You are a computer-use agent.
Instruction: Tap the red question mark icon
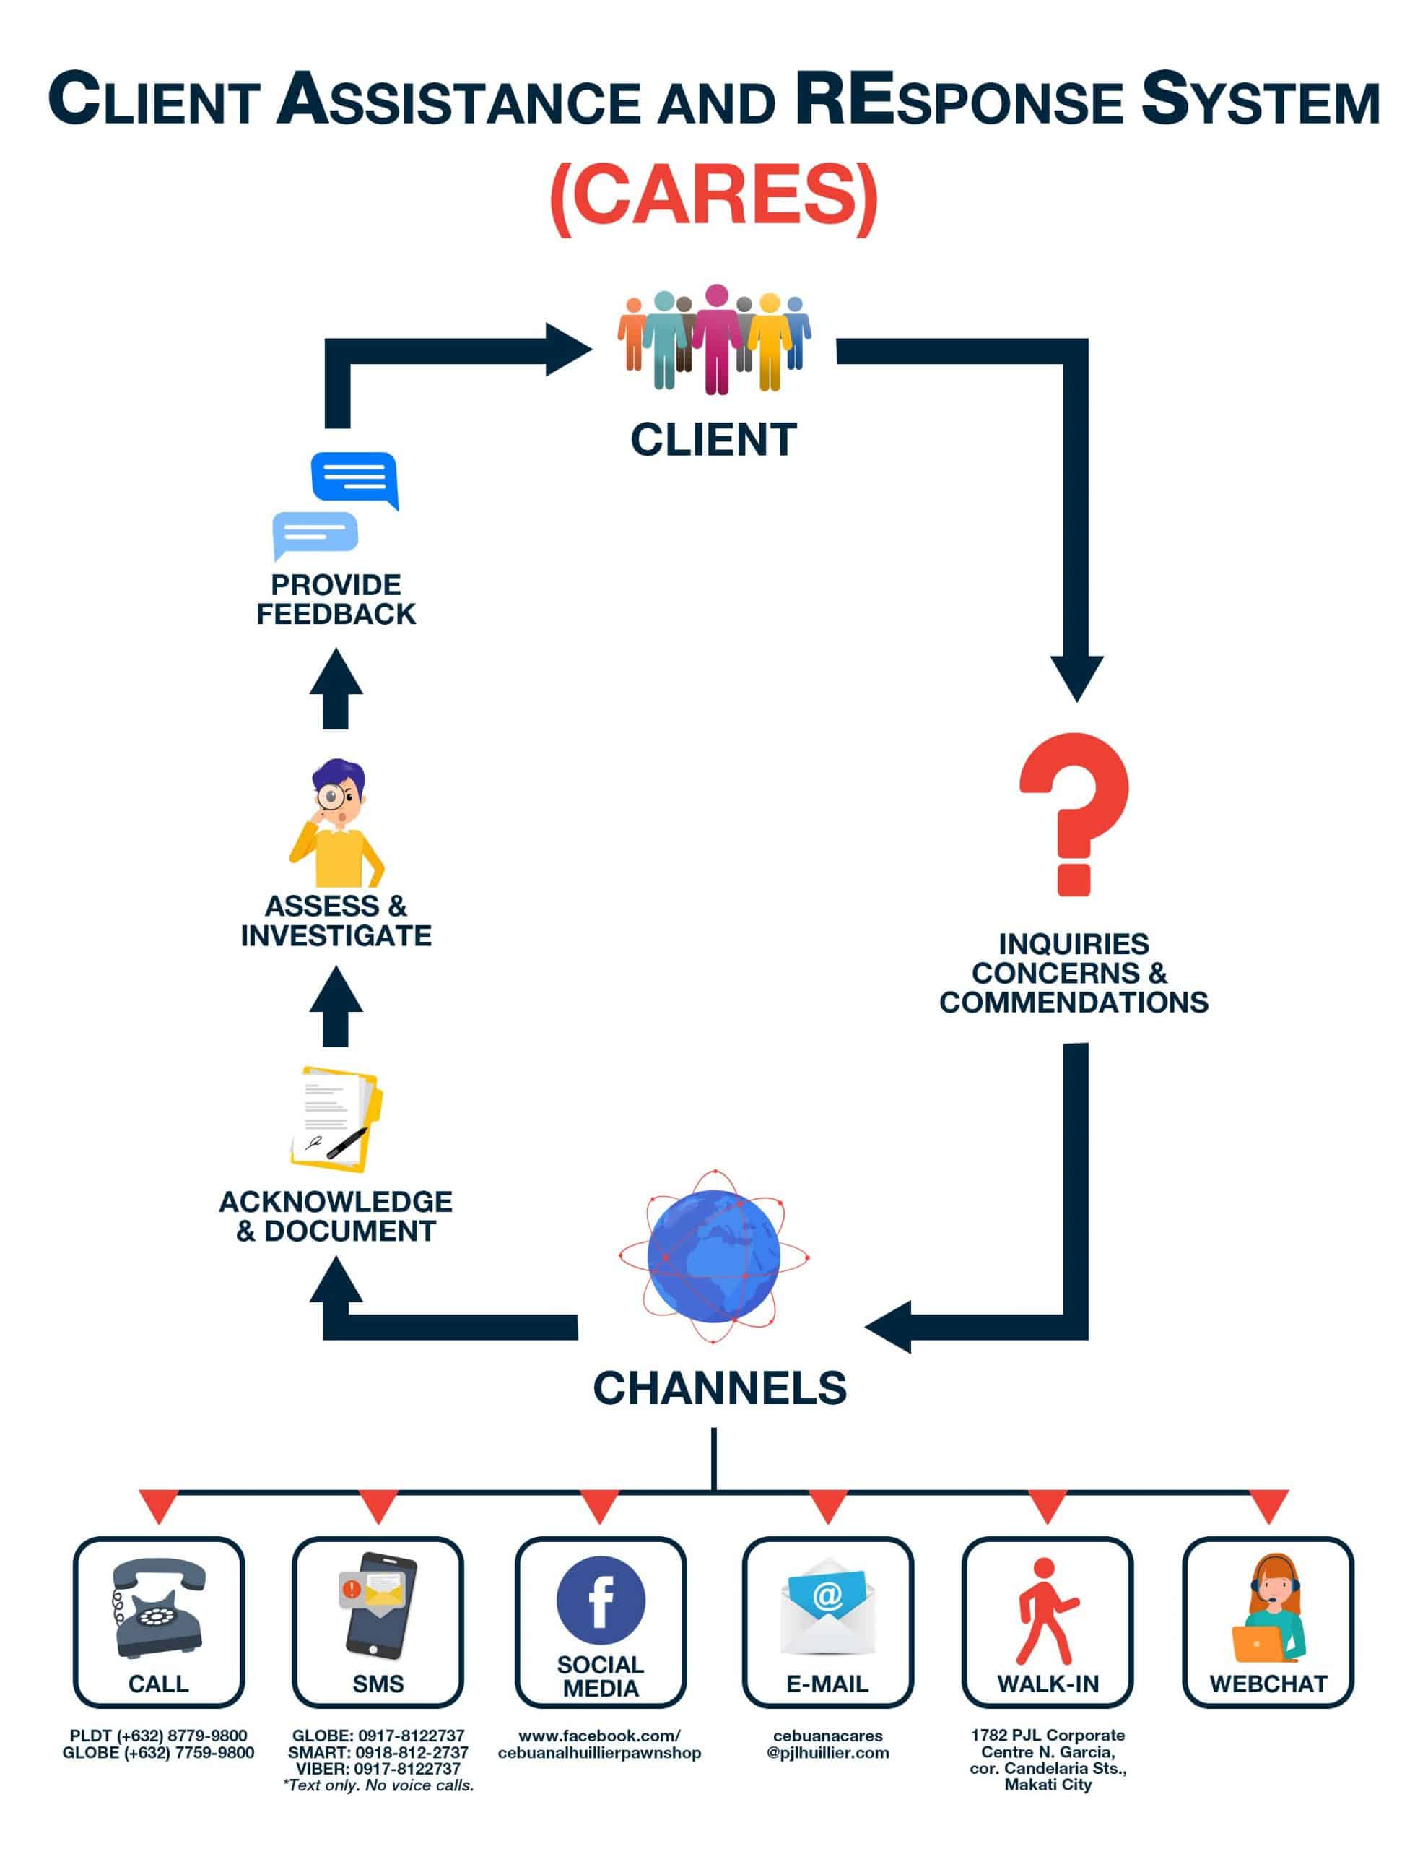tap(1074, 813)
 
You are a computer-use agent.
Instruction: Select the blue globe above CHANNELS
tap(713, 1255)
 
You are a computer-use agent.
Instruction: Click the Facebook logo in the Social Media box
tap(600, 1600)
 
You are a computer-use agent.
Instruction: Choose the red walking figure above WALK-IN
tap(1046, 1611)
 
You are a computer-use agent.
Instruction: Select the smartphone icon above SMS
tap(378, 1604)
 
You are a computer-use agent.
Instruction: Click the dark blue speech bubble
tap(354, 478)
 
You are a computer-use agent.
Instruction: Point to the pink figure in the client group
tap(716, 339)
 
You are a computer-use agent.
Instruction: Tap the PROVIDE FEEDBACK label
tap(336, 599)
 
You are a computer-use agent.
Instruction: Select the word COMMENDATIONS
tap(1074, 1003)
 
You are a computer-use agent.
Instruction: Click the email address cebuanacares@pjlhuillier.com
tap(827, 1744)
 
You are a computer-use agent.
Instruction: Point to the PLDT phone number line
tap(158, 1736)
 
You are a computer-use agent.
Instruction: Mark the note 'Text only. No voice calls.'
tap(378, 1785)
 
